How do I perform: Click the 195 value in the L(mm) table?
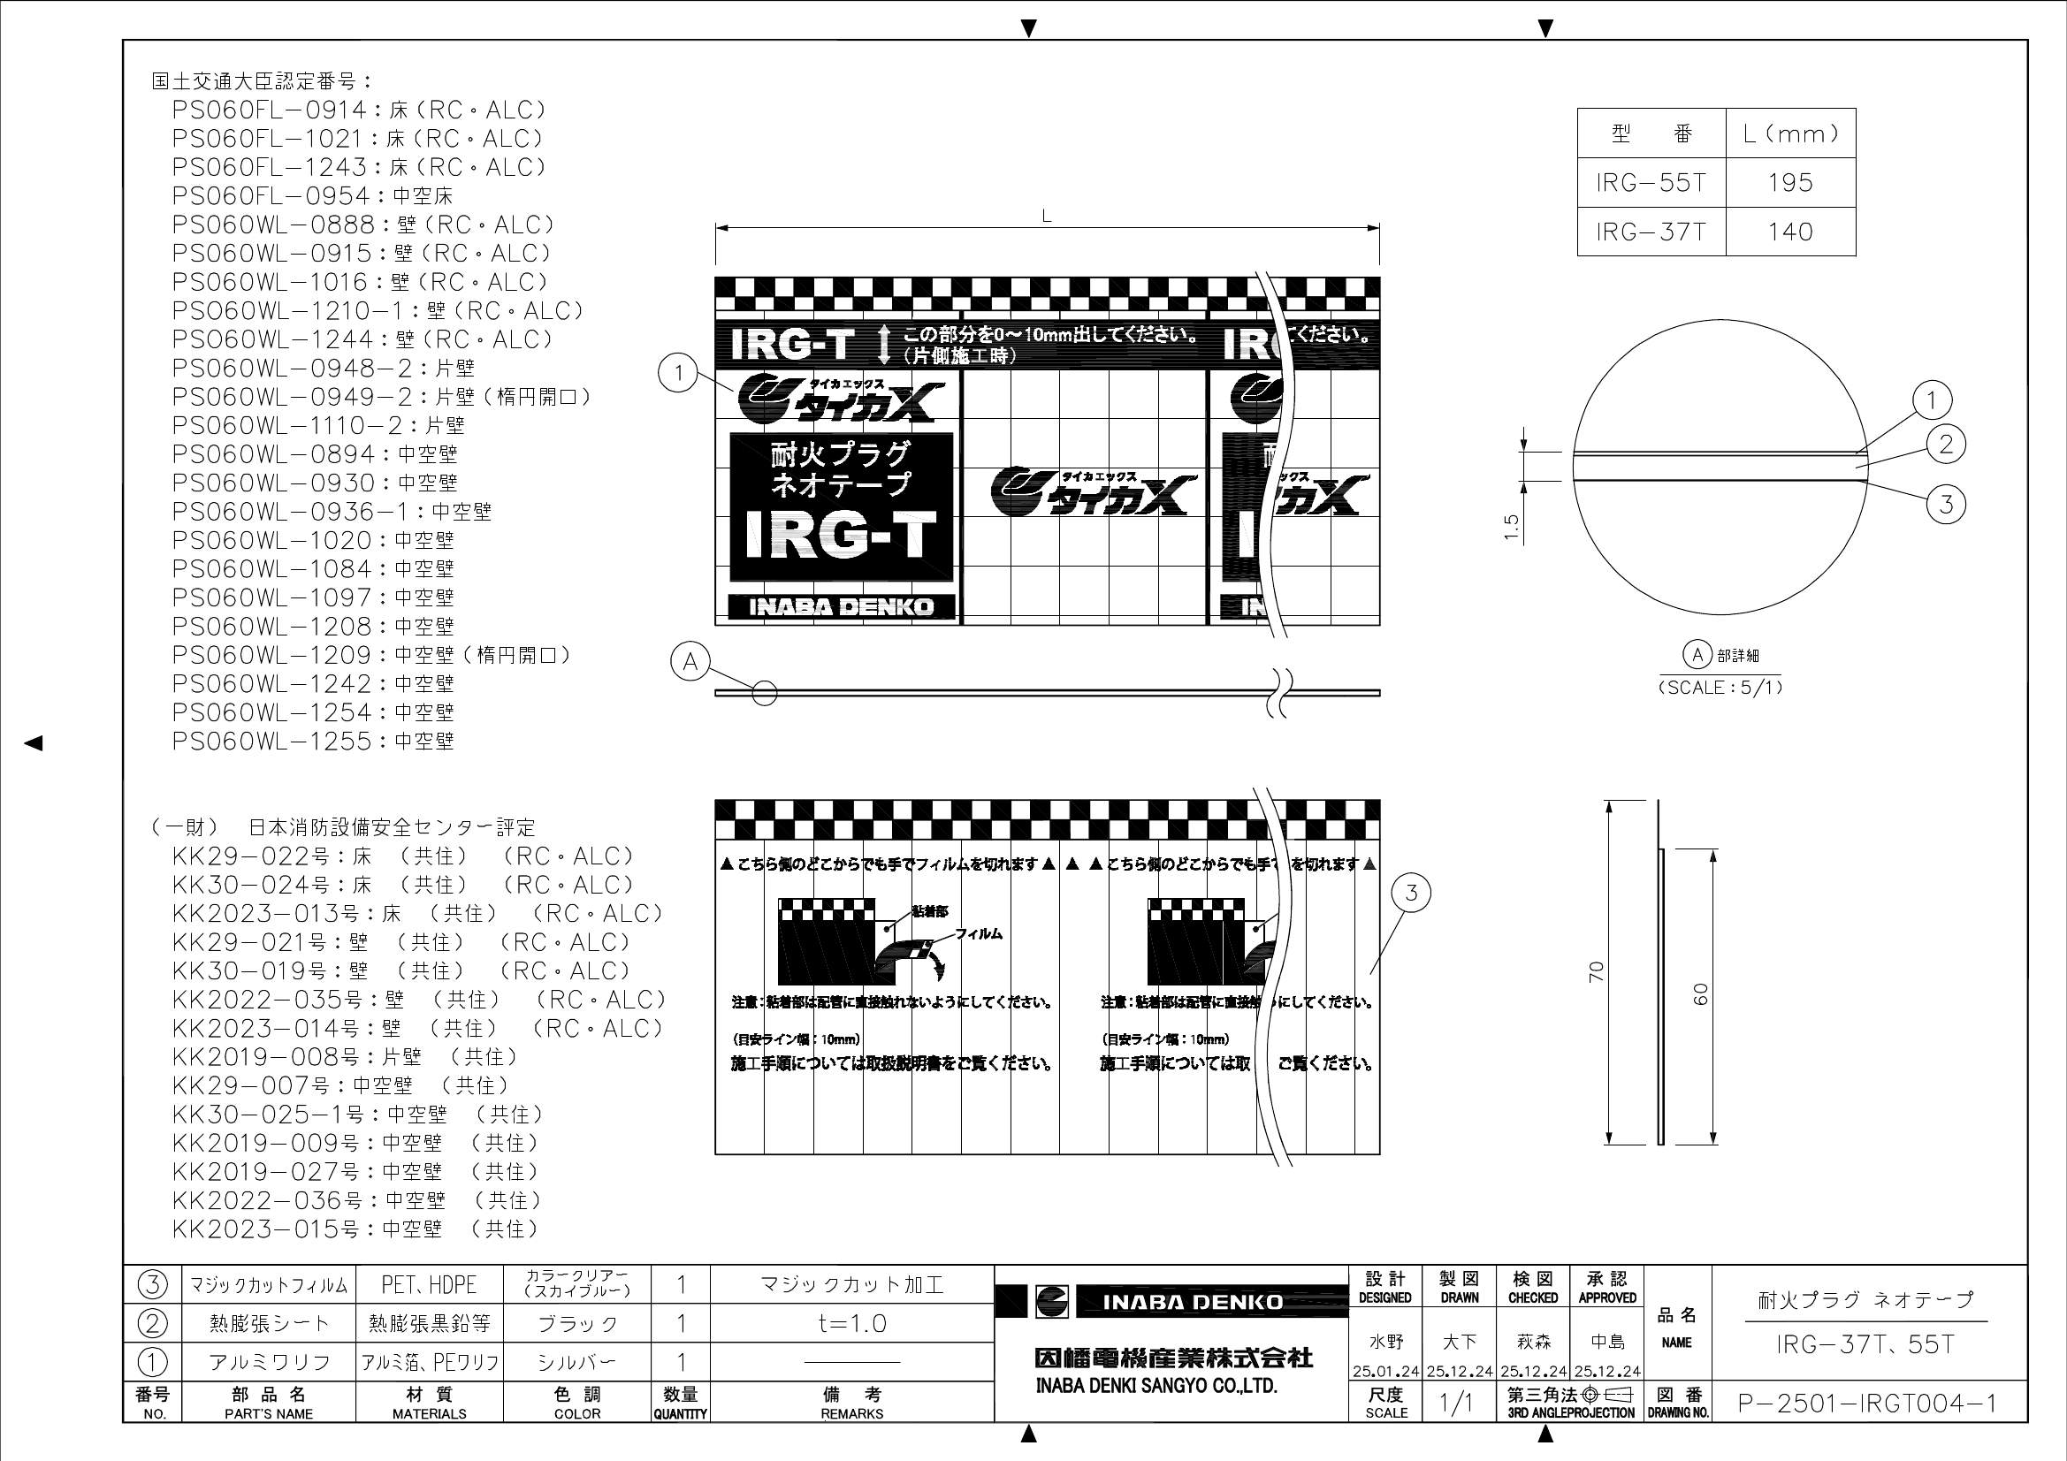1789,183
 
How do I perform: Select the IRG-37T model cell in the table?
1651,232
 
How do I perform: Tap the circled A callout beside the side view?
690,662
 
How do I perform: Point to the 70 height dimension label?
1596,971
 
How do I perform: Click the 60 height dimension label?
1701,994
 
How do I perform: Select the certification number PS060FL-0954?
311,196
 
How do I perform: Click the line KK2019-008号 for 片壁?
345,1057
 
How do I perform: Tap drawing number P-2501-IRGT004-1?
1867,1404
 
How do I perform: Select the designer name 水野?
1384,1343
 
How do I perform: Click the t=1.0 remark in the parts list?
851,1323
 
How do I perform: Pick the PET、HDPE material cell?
430,1284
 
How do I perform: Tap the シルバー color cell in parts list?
576,1362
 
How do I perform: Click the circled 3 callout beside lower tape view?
1411,893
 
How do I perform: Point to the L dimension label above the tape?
1046,217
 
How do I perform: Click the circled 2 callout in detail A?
1946,444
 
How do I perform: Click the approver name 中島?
1606,1343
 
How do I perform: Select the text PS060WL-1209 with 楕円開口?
371,655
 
